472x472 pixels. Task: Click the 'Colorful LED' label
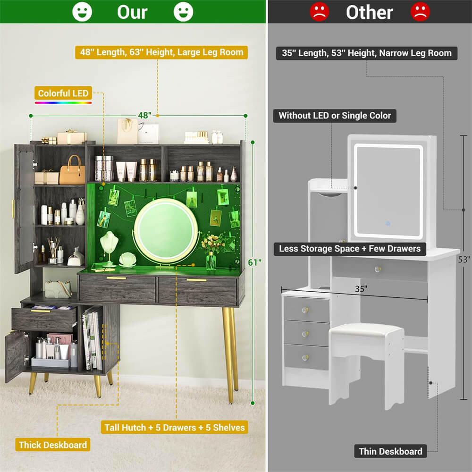63,93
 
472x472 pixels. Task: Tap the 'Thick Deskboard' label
53,445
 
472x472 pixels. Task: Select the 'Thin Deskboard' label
390,451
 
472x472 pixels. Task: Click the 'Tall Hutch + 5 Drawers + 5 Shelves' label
174,427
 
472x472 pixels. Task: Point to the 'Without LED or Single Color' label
335,116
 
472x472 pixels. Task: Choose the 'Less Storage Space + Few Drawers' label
350,249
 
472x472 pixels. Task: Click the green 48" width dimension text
145,115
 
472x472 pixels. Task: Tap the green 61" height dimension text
254,262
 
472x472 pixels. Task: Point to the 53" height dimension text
464,259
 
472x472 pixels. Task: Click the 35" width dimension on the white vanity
361,289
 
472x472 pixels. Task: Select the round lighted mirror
166,230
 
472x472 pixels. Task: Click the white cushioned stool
367,365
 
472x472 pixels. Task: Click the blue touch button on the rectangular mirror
388,224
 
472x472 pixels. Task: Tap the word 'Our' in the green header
132,12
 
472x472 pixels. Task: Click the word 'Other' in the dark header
370,12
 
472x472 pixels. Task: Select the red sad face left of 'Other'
320,12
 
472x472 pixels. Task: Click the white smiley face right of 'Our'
183,12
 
